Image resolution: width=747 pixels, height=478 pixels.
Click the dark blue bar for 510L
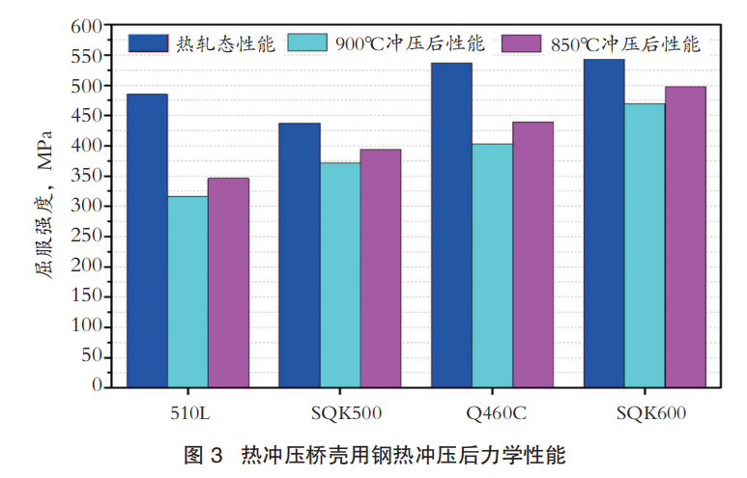tap(147, 240)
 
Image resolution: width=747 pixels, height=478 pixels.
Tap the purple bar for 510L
tap(228, 282)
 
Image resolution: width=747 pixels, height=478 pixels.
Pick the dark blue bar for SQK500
tap(300, 255)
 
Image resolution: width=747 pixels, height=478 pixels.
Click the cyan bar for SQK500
tap(340, 275)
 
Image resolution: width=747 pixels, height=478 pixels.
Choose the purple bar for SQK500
tap(381, 267)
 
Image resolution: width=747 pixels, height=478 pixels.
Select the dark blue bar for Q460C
tap(451, 225)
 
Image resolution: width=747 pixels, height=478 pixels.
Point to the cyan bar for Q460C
tap(492, 266)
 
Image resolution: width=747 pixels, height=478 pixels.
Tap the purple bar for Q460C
tap(532, 254)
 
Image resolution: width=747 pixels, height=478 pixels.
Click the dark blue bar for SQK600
tap(604, 223)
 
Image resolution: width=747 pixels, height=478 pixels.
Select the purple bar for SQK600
tap(685, 237)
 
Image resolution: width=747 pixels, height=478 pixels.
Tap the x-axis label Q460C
tap(496, 414)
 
